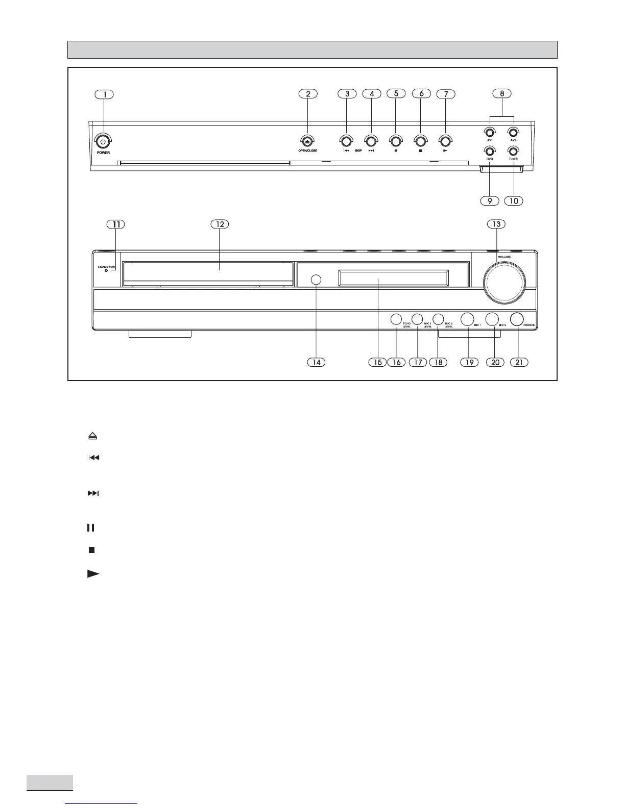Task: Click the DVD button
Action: (490, 151)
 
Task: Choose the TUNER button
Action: (513, 151)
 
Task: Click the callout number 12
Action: (220, 224)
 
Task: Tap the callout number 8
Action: (502, 93)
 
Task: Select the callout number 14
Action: (317, 362)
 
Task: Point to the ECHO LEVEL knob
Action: (396, 319)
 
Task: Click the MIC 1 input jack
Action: (467, 319)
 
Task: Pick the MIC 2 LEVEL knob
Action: (438, 319)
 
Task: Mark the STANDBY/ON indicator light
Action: (106, 271)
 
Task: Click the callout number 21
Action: (519, 362)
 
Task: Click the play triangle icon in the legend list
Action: (92, 574)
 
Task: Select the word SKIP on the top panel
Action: (358, 151)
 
